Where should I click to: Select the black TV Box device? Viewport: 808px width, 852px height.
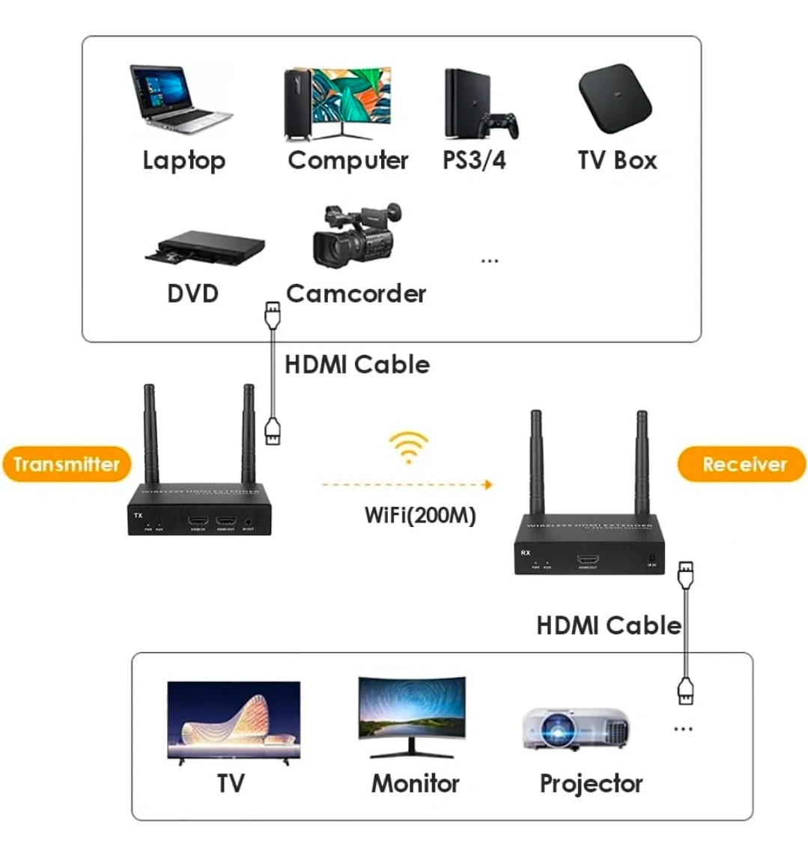615,98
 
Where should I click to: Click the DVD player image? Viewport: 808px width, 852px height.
205,248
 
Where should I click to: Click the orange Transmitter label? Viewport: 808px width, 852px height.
67,464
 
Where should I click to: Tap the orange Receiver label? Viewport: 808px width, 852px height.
744,464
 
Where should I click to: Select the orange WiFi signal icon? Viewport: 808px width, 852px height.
408,448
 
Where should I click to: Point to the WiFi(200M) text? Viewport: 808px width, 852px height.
420,515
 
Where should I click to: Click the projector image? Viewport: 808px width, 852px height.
576,728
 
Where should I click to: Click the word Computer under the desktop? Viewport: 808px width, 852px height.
348,160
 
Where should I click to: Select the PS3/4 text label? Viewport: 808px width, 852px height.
474,160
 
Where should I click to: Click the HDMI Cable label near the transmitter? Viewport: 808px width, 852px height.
357,365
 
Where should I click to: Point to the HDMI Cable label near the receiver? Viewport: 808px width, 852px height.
608,625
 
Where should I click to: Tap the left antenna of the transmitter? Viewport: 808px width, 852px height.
150,434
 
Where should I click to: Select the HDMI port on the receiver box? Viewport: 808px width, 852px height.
587,560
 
